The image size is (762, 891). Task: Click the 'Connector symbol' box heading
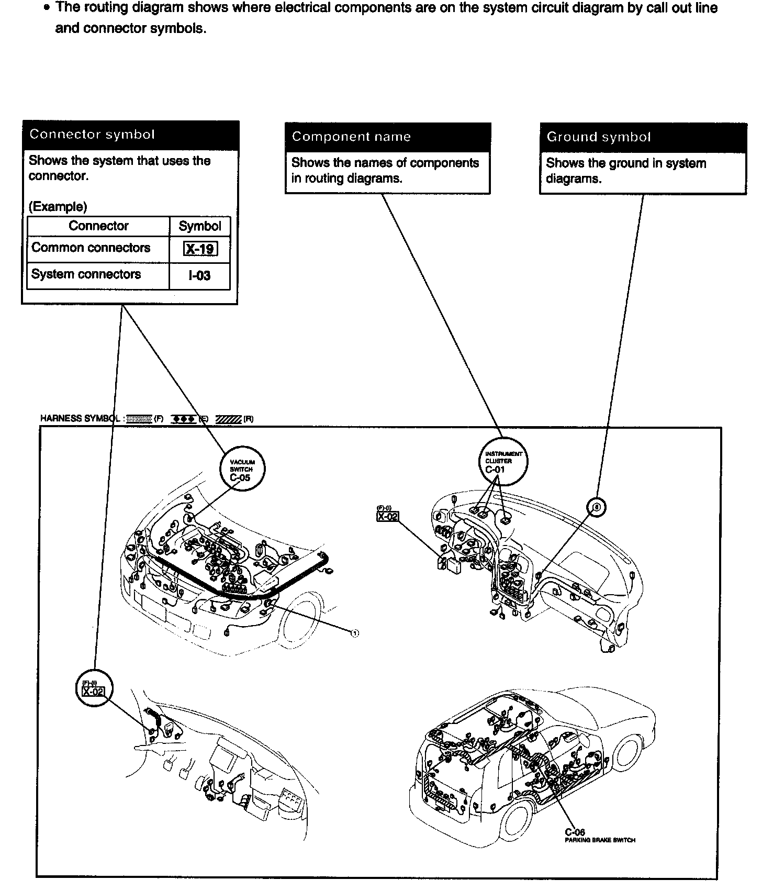point(92,135)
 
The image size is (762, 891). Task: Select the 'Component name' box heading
point(351,137)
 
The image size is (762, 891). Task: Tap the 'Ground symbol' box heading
point(598,137)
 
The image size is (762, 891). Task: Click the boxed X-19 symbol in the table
point(200,249)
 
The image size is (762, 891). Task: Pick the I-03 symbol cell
point(199,276)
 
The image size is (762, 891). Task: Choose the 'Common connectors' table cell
point(91,248)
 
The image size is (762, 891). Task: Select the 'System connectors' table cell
point(86,274)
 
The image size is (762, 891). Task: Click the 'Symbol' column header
point(199,226)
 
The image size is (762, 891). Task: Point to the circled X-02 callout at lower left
point(94,688)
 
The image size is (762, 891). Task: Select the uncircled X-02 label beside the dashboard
point(387,516)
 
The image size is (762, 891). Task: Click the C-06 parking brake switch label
point(575,832)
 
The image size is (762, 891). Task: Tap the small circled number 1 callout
point(354,633)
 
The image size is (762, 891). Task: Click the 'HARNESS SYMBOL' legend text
point(82,418)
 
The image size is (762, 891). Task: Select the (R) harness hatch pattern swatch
point(229,419)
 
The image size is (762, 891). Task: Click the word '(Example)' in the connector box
point(58,207)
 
